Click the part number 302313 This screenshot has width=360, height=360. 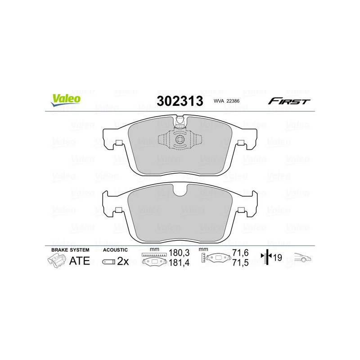pyautogui.click(x=180, y=101)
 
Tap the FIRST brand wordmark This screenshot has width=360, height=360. pyautogui.click(x=289, y=101)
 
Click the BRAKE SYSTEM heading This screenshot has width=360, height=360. pyautogui.click(x=70, y=250)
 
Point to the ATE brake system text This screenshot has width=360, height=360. pyautogui.click(x=79, y=261)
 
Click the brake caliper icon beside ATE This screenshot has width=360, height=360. pyautogui.click(x=56, y=261)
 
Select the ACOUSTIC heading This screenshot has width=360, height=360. pyautogui.click(x=115, y=250)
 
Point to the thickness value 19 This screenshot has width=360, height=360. pyautogui.click(x=277, y=258)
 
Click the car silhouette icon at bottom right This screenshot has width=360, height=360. pyautogui.click(x=302, y=258)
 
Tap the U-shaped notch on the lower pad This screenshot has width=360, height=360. pyautogui.click(x=180, y=190)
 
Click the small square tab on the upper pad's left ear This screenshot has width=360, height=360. pyautogui.click(x=119, y=143)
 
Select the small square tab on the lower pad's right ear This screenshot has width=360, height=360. pyautogui.click(x=241, y=210)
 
